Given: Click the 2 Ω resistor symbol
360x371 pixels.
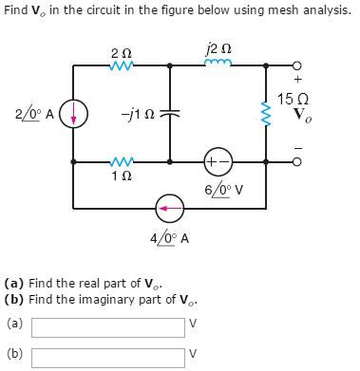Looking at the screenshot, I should tap(121, 65).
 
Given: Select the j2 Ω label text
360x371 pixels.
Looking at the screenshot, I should tap(217, 48).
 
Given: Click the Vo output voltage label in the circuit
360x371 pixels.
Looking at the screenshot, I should tap(301, 117).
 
